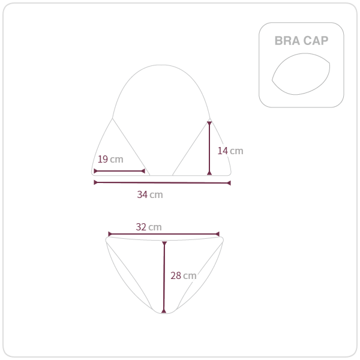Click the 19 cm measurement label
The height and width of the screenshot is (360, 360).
coord(110,159)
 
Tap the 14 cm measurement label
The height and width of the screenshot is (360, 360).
coord(230,151)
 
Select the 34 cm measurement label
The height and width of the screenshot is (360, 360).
coord(150,194)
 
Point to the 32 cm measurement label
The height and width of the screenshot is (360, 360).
coord(149,227)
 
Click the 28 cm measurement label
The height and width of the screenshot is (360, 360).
coord(184,275)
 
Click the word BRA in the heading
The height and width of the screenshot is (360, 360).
coord(287,41)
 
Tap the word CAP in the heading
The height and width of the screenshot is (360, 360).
coord(316,41)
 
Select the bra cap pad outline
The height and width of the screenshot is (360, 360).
coord(272,80)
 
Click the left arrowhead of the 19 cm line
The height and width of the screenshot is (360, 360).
coord(95,171)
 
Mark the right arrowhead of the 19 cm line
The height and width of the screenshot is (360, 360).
coord(143,171)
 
